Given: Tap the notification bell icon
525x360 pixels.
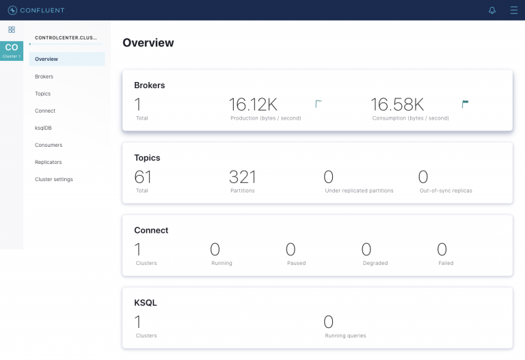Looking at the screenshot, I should click(x=492, y=10).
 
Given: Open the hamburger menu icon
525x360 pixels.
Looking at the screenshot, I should click(x=514, y=10).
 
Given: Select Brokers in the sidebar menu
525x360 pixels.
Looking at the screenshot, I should click(x=44, y=77).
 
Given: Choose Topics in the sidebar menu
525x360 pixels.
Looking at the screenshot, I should click(x=42, y=94).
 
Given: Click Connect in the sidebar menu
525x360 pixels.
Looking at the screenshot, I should click(x=45, y=111).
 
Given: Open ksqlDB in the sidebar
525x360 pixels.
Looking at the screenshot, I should click(x=43, y=128).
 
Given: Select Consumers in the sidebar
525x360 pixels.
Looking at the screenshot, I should click(x=49, y=145).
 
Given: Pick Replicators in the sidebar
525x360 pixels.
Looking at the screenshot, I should click(x=49, y=162).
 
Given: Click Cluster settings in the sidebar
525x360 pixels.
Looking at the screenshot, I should click(x=54, y=179).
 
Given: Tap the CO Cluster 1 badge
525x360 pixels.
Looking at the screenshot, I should click(x=12, y=50).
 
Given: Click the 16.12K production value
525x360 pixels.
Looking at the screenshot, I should click(x=253, y=105).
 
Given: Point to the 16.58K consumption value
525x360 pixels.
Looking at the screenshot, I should click(x=397, y=105).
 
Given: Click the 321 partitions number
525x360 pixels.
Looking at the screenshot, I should click(x=243, y=177).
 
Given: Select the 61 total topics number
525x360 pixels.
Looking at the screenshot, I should click(x=143, y=177).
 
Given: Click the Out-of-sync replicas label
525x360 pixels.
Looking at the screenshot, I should click(x=446, y=191).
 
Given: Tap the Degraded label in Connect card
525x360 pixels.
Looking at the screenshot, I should click(x=375, y=263).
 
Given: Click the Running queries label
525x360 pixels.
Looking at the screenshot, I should click(x=345, y=335).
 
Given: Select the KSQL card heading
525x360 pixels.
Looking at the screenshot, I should click(x=146, y=303).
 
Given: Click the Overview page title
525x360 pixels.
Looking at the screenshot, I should click(x=148, y=43).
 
